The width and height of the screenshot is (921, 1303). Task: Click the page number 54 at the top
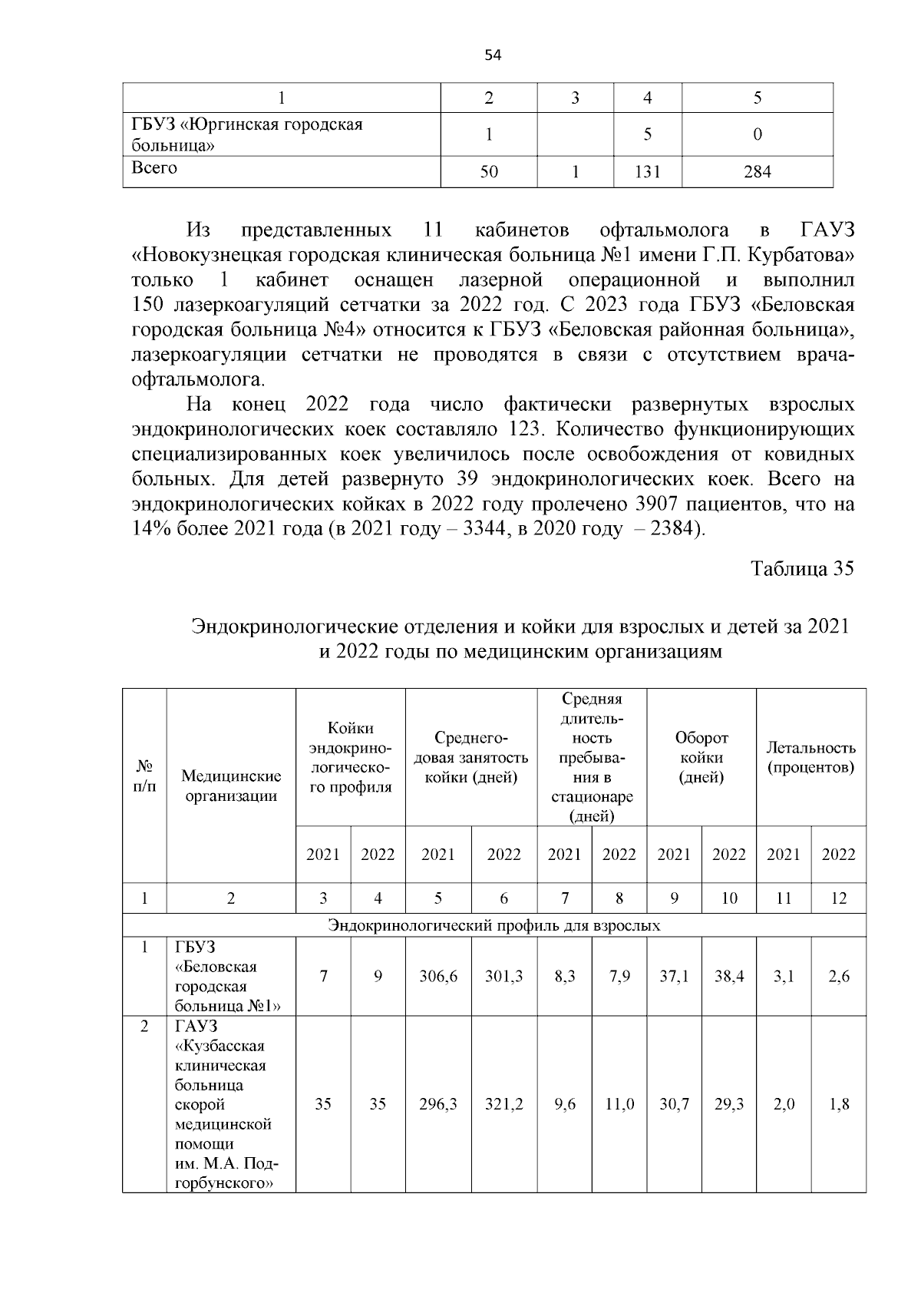[x=493, y=55]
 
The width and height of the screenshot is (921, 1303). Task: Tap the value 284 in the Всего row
[x=757, y=172]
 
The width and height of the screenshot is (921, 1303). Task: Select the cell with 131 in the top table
[x=647, y=172]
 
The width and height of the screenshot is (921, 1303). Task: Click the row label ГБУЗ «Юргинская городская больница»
[x=246, y=134]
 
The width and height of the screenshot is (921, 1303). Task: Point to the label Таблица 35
[x=802, y=569]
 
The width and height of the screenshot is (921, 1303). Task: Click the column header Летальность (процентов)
[x=811, y=757]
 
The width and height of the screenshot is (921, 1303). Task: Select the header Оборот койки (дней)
[x=701, y=757]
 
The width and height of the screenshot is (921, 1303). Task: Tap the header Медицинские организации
[x=231, y=785]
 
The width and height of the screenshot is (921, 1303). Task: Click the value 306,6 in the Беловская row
[x=438, y=977]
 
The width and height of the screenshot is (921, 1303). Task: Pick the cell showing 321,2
[x=503, y=1104]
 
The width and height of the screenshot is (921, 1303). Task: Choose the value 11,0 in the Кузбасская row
[x=619, y=1104]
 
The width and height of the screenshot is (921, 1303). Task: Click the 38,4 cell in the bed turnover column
[x=729, y=977]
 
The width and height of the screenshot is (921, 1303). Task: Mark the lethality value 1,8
[x=839, y=1104]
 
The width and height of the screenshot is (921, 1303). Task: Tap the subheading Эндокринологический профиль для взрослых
[x=494, y=925]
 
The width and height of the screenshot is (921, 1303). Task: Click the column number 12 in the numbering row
[x=839, y=898]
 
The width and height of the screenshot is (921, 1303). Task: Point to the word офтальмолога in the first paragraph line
[x=665, y=230]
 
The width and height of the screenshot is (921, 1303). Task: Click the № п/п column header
[x=144, y=777]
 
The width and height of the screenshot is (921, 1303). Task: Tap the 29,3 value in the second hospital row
[x=729, y=1104]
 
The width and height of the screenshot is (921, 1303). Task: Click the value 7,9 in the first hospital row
[x=619, y=977]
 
